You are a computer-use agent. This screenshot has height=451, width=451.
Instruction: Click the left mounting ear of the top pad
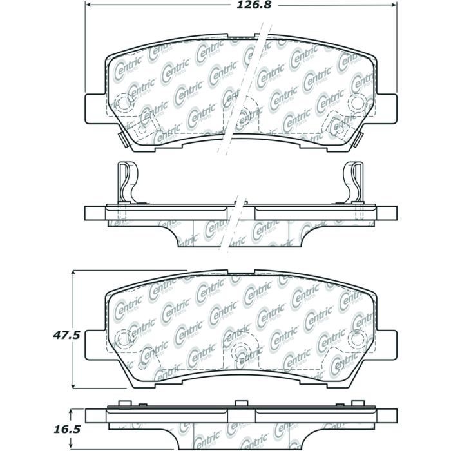pos(94,108)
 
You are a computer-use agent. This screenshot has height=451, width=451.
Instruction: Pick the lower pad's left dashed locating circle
pos(121,337)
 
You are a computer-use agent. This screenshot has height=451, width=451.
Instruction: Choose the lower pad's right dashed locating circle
pos(356,337)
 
